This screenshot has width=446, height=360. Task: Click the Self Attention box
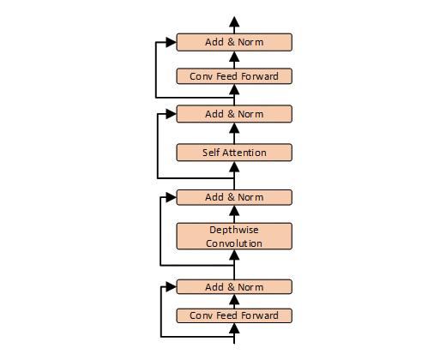(234, 153)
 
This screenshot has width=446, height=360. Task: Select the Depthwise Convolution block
(234, 236)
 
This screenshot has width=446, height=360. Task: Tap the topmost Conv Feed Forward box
(234, 76)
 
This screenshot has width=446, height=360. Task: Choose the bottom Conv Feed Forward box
(234, 315)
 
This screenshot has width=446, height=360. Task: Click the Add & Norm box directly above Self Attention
(234, 114)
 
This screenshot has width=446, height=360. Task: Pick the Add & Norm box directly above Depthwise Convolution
(234, 197)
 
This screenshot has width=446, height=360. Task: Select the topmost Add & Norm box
(234, 42)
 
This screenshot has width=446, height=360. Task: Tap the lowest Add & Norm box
(234, 286)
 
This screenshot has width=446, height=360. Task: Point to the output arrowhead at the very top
(235, 21)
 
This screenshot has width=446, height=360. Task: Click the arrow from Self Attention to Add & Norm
(235, 133)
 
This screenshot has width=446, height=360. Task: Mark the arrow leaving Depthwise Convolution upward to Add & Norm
(235, 214)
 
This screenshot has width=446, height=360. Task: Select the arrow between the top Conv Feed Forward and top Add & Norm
(235, 59)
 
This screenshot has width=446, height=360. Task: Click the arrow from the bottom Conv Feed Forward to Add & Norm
(235, 301)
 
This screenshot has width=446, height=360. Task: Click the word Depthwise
(234, 230)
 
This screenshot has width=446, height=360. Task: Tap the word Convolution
(234, 243)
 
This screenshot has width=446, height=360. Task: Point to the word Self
(212, 153)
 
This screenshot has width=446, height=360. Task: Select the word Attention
(244, 153)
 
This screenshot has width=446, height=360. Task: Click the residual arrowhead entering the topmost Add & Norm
(172, 41)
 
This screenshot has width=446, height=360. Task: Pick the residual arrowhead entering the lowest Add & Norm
(172, 286)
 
